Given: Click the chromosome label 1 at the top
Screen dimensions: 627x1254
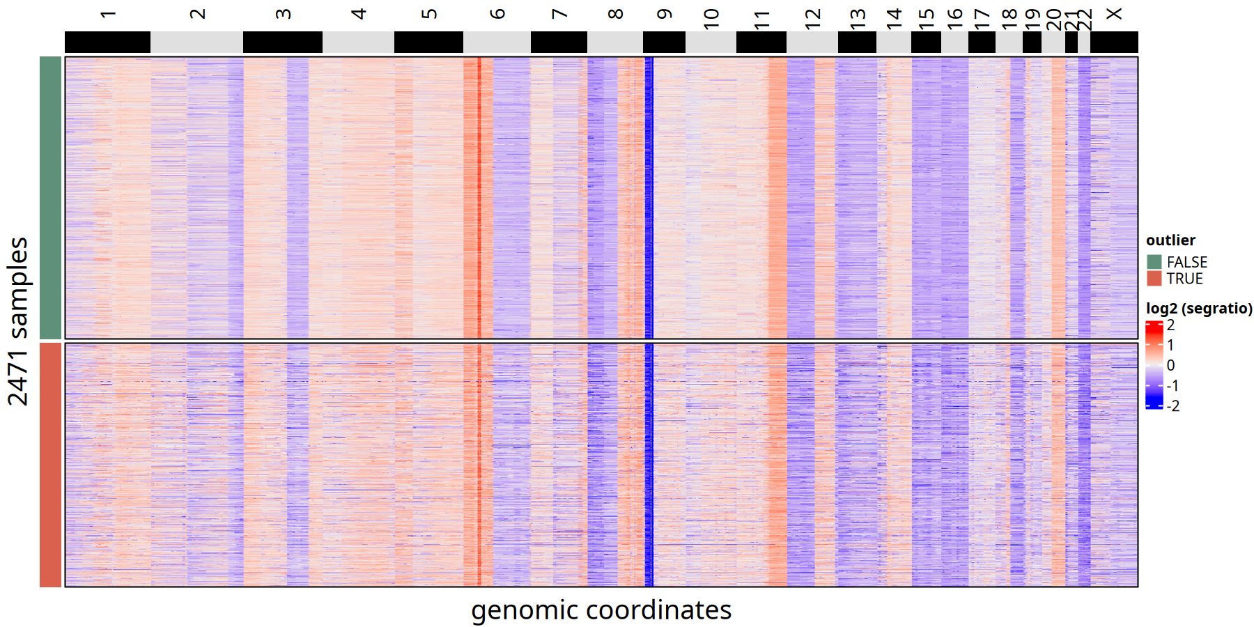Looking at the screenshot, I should click(107, 14).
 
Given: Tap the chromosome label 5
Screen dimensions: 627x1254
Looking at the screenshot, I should click(429, 14).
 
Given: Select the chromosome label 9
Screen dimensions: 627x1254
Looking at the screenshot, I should click(664, 14).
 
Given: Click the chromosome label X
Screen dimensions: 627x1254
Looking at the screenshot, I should click(1114, 14).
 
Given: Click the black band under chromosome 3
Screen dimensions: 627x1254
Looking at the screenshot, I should click(282, 42).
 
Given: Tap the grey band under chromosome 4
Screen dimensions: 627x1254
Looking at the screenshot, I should click(358, 42).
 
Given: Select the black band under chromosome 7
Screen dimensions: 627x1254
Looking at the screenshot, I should click(559, 42).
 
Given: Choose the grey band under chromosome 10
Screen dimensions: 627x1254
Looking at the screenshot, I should click(711, 42).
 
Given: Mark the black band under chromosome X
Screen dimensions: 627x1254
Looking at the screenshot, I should click(1114, 42).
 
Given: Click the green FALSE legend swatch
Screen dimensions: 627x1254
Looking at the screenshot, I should click(1154, 262).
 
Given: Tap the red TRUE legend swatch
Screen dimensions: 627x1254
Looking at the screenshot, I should click(1154, 279).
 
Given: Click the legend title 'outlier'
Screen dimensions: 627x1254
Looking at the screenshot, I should click(1170, 240).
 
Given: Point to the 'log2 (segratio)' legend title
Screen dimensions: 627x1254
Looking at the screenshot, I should click(1199, 309).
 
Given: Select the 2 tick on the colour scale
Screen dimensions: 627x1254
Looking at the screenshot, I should click(1170, 325).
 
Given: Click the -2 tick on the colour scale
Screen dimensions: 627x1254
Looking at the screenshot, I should click(1173, 405).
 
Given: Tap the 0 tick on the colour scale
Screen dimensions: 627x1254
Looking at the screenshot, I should click(1170, 365).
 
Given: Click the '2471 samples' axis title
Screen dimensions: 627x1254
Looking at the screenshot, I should click(18, 321).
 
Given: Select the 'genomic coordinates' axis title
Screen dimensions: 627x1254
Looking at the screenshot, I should click(601, 610).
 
